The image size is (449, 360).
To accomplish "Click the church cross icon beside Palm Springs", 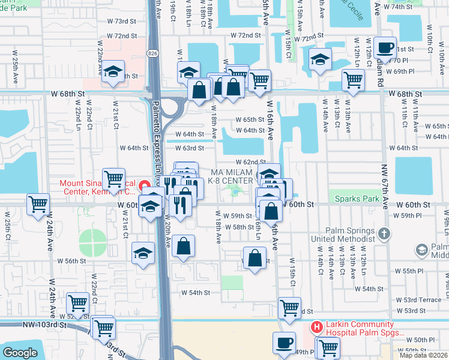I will (384, 233).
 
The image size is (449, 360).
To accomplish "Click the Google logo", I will (20, 352).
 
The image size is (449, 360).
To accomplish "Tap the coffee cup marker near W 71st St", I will (384, 47).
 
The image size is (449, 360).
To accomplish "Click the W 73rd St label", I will (124, 21).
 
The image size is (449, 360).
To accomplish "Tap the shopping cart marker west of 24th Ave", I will (38, 204).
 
